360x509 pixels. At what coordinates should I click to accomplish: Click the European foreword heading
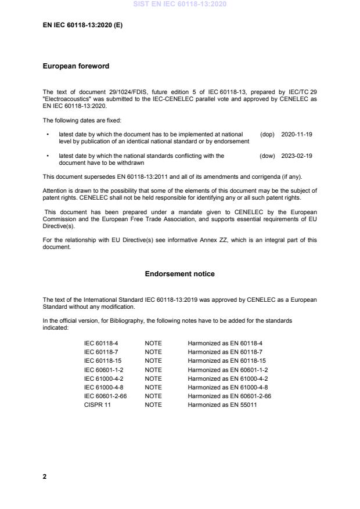(76, 66)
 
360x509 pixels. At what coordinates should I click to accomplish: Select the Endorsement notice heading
(180, 273)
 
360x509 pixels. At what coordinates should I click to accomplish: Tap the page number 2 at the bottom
(45, 476)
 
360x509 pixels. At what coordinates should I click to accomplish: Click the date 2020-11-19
(296, 134)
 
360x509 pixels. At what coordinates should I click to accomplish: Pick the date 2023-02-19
(296, 156)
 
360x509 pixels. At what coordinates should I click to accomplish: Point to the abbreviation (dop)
(267, 134)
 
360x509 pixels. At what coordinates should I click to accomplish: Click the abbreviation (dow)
(267, 156)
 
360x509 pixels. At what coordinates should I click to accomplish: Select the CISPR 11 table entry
(98, 405)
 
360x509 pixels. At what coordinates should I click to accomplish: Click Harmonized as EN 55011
(222, 405)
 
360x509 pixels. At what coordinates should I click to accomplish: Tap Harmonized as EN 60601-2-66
(229, 396)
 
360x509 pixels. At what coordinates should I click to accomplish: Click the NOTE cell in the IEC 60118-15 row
(153, 361)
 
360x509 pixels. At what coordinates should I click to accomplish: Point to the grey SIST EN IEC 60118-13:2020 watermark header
(180, 5)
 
